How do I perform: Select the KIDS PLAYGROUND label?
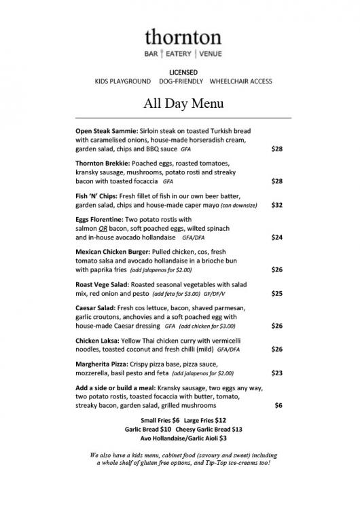tap(122, 81)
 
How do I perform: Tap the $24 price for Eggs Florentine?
tap(276, 238)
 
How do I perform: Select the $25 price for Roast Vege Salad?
tap(276, 293)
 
